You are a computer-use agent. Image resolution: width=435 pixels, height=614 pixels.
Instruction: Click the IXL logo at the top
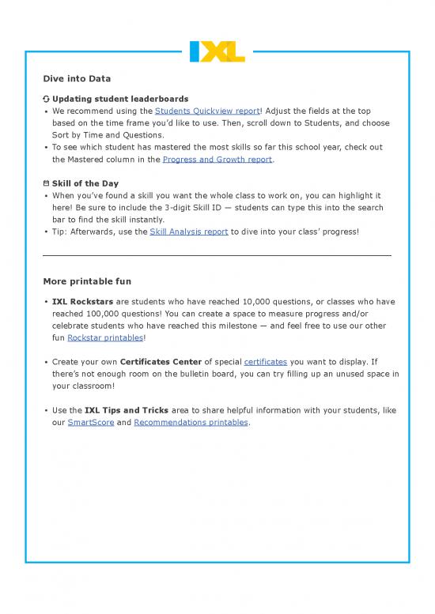tap(217, 51)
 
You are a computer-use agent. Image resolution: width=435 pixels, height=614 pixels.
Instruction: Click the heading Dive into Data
tap(77, 79)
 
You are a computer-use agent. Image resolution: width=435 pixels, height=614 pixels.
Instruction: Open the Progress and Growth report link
tap(217, 159)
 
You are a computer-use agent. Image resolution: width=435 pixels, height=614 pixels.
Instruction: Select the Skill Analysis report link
tap(188, 232)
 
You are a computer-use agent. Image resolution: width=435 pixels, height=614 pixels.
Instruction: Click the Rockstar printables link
tap(105, 337)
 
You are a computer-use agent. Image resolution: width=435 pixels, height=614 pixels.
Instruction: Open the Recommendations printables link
tap(191, 422)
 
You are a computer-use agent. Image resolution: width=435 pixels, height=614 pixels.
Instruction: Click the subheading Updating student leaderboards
tap(119, 99)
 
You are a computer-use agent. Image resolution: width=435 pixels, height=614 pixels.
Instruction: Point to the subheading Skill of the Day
tap(86, 183)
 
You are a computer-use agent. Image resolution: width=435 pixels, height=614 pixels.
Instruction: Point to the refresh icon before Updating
tap(46, 99)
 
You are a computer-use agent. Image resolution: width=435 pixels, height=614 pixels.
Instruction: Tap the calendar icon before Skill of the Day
tap(46, 183)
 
